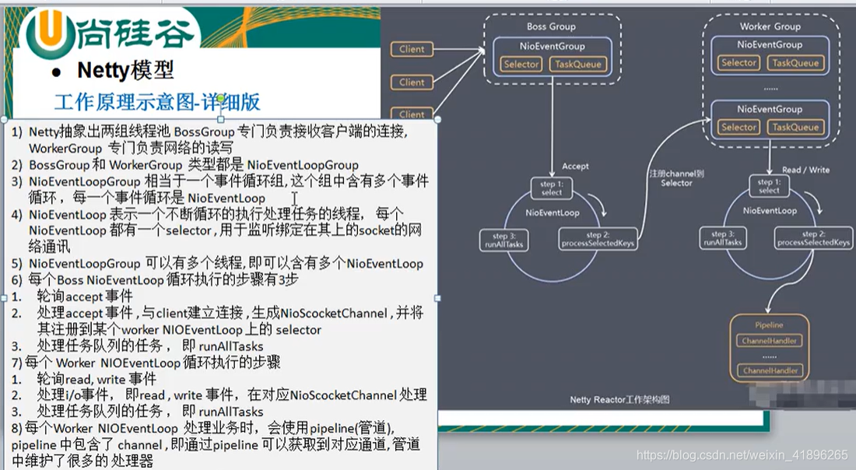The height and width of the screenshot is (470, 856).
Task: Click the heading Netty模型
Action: coord(125,71)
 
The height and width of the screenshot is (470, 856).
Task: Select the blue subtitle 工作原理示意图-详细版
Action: coord(156,102)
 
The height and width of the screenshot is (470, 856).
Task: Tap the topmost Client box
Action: coord(412,49)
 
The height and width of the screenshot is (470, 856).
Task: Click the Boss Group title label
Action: coord(551,26)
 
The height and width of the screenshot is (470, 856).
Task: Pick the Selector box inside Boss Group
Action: coord(521,64)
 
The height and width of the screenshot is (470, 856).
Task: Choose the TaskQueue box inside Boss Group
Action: coord(577,64)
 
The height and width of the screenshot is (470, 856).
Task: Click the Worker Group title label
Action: coord(770,26)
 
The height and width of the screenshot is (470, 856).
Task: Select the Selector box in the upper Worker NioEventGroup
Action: coord(738,63)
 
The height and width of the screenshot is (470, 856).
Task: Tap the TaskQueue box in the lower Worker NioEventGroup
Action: coord(795,127)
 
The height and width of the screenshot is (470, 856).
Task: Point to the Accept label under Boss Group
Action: coord(575,166)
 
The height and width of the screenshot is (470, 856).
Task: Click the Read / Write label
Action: coord(805,170)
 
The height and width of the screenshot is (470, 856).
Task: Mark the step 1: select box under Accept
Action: coord(551,188)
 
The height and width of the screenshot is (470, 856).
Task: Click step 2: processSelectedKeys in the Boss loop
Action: coord(598,239)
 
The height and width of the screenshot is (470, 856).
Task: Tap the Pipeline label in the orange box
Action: coord(769,325)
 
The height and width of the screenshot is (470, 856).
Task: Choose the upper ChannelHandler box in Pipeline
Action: coord(769,341)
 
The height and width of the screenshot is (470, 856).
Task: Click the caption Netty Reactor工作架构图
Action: coord(619,400)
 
